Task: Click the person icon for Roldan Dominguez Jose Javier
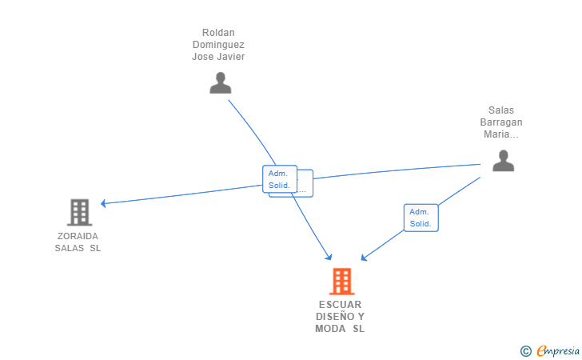click(220, 83)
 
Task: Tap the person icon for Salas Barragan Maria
click(503, 161)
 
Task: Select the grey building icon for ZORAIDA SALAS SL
click(79, 212)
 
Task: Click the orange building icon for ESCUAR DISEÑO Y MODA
click(341, 281)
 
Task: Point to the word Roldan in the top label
click(218, 33)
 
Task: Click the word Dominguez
click(218, 45)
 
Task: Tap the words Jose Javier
click(218, 57)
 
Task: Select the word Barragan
click(501, 122)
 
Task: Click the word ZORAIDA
click(78, 236)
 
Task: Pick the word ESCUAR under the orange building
click(341, 305)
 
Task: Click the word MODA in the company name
click(330, 329)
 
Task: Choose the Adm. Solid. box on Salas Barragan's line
click(421, 218)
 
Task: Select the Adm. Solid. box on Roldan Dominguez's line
click(279, 179)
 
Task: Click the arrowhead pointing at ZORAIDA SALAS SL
click(104, 203)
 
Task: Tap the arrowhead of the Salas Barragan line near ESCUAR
click(364, 258)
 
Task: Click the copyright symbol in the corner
click(525, 350)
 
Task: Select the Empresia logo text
click(557, 350)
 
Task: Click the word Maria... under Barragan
click(501, 134)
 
